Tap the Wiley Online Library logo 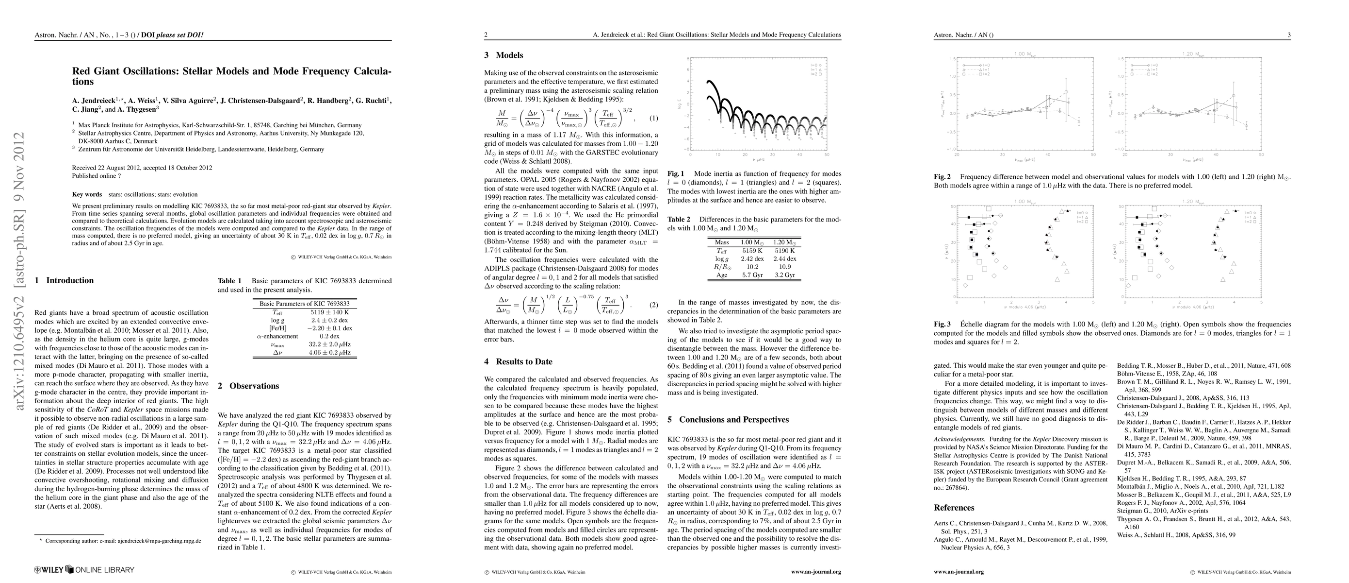coord(84,569)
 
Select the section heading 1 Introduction coord(64,280)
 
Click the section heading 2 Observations coord(248,386)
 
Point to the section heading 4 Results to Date coord(518,362)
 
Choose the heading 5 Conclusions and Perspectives coord(729,419)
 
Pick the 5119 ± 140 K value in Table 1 coord(329,312)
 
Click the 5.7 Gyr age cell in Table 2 coord(752,274)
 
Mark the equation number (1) coord(653,118)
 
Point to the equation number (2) coord(653,305)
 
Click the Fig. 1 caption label coord(676,173)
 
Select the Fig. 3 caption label coord(943,324)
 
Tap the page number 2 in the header coord(486,35)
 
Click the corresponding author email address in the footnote coord(159,541)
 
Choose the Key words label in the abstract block coord(87,194)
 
